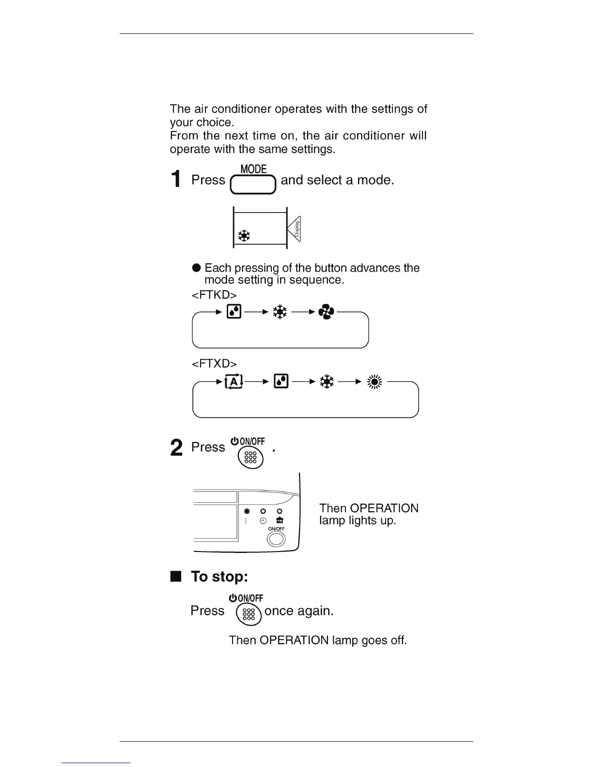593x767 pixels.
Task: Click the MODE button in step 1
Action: point(253,184)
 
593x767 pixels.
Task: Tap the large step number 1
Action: point(177,179)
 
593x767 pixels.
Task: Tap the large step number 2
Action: point(177,448)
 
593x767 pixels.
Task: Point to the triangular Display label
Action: point(295,229)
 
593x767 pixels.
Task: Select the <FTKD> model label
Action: point(214,295)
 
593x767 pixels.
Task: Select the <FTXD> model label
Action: point(214,364)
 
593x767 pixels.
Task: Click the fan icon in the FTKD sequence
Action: point(326,313)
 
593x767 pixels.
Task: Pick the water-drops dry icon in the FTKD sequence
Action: point(234,312)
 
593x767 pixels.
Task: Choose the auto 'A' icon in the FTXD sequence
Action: point(234,382)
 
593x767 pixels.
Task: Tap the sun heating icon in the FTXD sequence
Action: point(375,382)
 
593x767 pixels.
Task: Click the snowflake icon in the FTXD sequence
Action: point(327,382)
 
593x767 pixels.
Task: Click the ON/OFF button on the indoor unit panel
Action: point(276,539)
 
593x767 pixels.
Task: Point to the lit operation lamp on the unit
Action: point(247,511)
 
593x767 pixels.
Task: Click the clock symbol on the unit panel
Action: point(263,521)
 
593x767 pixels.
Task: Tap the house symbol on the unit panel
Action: point(280,521)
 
